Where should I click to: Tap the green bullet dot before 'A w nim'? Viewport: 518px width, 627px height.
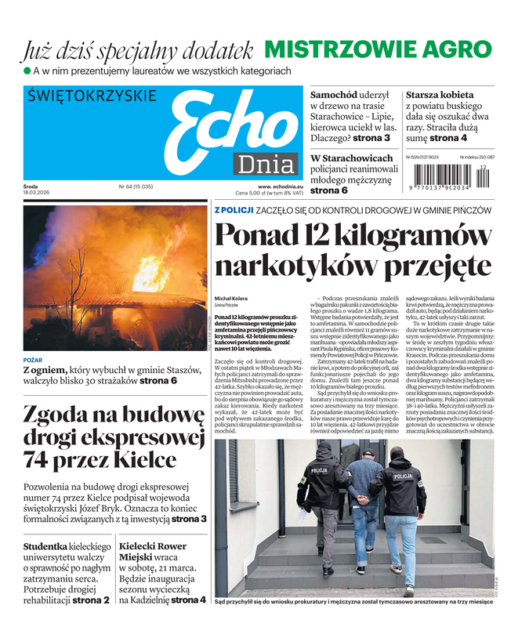tap(26, 71)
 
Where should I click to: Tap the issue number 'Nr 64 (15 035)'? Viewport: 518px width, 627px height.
tap(136, 187)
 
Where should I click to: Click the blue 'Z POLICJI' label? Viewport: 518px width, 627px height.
tap(234, 211)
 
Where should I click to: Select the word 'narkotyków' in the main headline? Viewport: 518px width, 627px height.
tap(295, 266)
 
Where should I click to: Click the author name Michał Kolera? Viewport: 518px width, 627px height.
tap(231, 299)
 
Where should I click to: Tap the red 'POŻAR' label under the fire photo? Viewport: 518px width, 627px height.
tap(33, 360)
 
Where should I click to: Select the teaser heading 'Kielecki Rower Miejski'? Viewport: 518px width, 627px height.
tap(152, 553)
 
